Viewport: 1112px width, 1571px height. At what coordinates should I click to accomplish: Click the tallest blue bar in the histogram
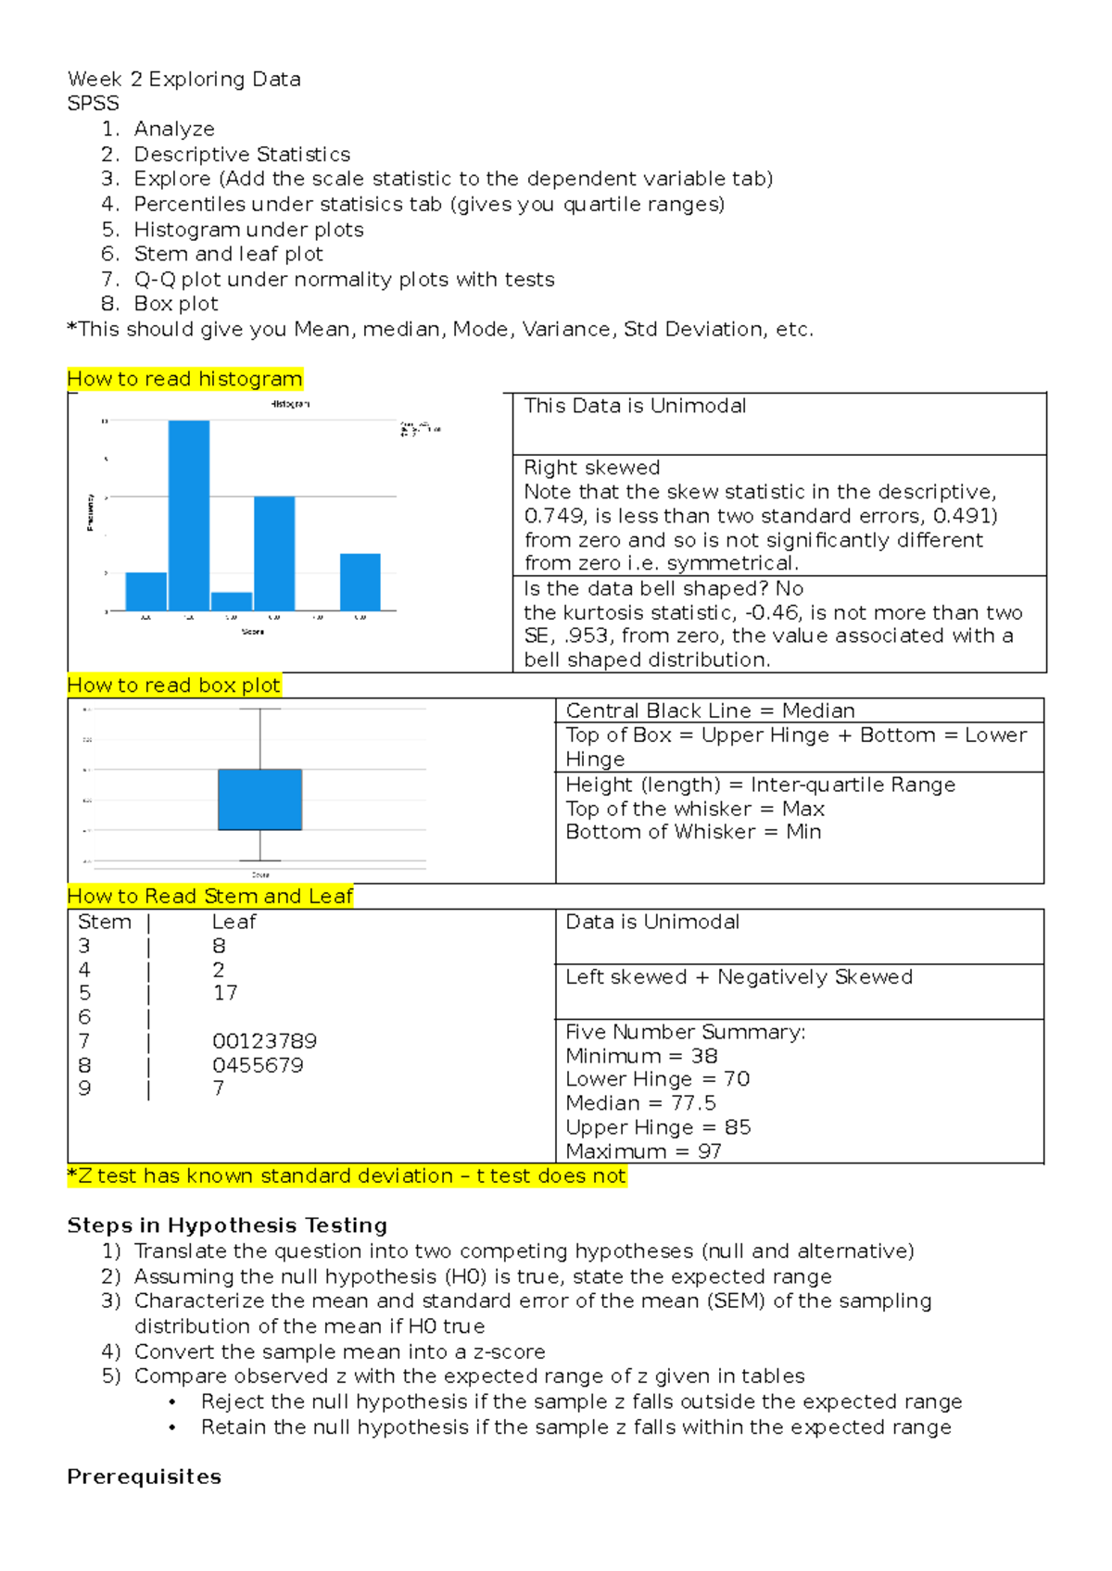tap(189, 515)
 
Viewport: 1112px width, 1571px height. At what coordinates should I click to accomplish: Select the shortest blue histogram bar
tap(232, 601)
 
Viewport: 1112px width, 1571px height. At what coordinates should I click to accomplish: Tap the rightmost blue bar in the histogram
tap(360, 582)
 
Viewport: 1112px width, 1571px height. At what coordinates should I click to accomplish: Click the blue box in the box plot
tap(260, 799)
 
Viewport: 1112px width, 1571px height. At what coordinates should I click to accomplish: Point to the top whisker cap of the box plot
tap(260, 710)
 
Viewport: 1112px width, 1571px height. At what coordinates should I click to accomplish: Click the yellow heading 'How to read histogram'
tap(185, 379)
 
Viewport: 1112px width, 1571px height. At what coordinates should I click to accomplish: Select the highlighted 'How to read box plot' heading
tap(174, 685)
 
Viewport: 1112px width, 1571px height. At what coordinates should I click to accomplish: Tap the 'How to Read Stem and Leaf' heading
tap(210, 897)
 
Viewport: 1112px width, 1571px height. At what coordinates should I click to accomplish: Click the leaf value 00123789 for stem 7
tap(264, 1041)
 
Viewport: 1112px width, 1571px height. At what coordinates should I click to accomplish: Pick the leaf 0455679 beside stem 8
tap(258, 1065)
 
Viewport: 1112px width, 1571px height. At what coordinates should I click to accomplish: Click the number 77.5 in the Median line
tap(693, 1103)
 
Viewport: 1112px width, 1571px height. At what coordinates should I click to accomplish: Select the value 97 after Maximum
tap(710, 1151)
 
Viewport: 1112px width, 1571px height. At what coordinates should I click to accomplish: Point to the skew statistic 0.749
tap(554, 516)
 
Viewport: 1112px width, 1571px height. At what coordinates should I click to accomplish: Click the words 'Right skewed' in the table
tap(592, 468)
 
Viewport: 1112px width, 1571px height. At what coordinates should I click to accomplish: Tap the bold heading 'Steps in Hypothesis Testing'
tap(227, 1225)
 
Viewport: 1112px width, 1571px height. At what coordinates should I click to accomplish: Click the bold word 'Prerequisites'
tap(145, 1477)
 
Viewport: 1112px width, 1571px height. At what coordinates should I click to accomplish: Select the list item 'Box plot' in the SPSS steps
tap(176, 304)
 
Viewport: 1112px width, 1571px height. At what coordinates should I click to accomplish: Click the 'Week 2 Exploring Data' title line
tap(184, 80)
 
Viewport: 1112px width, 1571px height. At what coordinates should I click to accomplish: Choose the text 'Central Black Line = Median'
tap(710, 710)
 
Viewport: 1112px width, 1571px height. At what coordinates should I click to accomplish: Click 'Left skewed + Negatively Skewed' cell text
tap(739, 977)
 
